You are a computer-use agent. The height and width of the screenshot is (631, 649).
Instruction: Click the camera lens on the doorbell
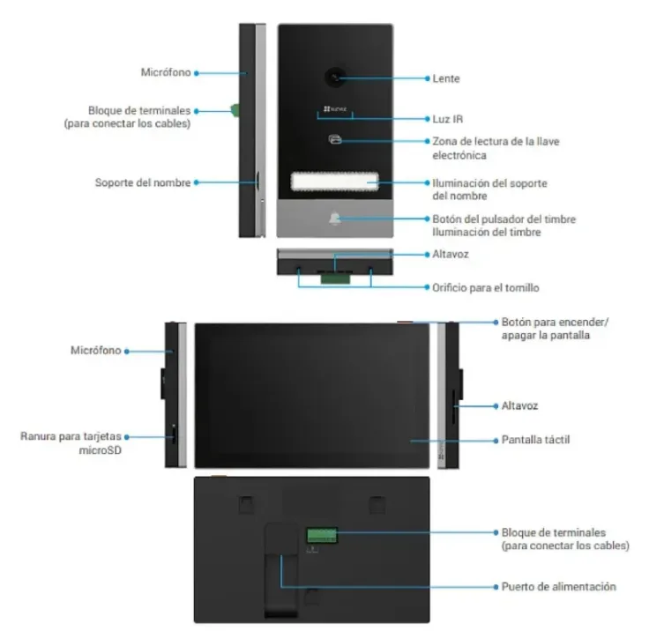pyautogui.click(x=335, y=78)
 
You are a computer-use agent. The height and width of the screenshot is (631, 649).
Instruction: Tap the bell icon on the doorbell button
pyautogui.click(x=335, y=219)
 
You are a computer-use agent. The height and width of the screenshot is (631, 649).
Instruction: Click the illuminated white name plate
pyautogui.click(x=334, y=182)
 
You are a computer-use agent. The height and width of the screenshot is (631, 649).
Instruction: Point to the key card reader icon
pyautogui.click(x=335, y=139)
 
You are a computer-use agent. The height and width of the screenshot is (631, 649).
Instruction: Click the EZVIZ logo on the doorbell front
pyautogui.click(x=335, y=108)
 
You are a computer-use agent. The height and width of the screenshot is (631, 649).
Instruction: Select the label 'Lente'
pyautogui.click(x=446, y=78)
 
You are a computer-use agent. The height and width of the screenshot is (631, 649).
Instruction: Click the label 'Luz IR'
pyautogui.click(x=447, y=119)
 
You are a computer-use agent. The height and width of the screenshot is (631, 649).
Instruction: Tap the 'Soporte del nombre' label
pyautogui.click(x=143, y=182)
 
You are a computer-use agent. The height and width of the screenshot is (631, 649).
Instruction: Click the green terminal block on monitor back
pyautogui.click(x=322, y=535)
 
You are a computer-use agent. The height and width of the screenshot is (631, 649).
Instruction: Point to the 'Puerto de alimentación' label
pyautogui.click(x=558, y=586)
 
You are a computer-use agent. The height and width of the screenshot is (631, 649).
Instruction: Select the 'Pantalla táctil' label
pyautogui.click(x=535, y=440)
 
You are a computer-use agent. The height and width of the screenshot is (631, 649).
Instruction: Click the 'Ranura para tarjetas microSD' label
pyautogui.click(x=71, y=443)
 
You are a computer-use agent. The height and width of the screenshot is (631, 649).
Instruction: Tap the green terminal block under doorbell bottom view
pyautogui.click(x=335, y=278)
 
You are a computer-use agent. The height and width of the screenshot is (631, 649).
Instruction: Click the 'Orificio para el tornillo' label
pyautogui.click(x=486, y=287)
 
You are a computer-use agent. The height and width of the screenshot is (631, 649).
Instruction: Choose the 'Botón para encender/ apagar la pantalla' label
pyautogui.click(x=555, y=329)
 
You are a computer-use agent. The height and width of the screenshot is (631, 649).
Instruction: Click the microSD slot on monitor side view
pyautogui.click(x=174, y=435)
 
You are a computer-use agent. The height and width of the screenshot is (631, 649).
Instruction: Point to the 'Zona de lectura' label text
pyautogui.click(x=496, y=148)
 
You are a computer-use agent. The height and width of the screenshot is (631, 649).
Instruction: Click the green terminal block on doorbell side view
pyautogui.click(x=235, y=110)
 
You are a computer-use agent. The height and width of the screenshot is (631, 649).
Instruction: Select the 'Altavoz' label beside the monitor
pyautogui.click(x=519, y=406)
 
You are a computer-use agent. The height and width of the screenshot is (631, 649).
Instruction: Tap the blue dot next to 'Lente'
pyautogui.click(x=427, y=78)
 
